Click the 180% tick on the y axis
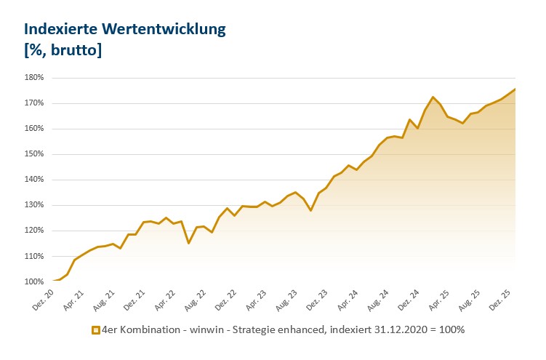34,77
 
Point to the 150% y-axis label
34,154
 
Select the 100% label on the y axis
34,281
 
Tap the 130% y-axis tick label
34,205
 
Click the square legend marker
95,330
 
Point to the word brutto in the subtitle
73,50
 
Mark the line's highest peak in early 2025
433,97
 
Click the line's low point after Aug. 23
310,210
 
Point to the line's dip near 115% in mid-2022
188,243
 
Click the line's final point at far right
515,89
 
